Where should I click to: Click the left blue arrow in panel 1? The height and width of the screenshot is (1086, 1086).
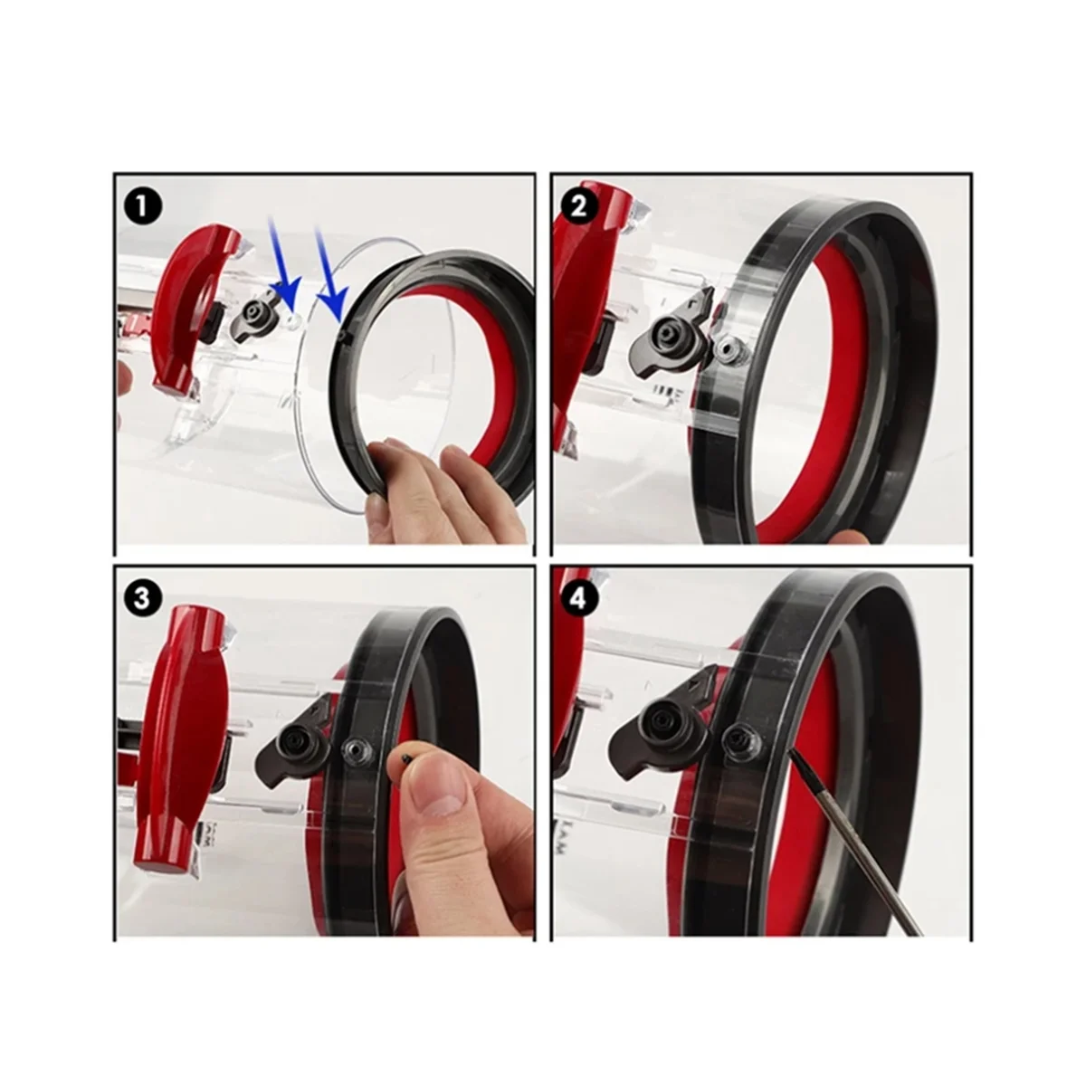(283, 272)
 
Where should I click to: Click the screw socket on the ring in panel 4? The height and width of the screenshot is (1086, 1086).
(737, 740)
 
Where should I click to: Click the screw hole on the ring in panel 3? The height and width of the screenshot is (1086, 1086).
(352, 748)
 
